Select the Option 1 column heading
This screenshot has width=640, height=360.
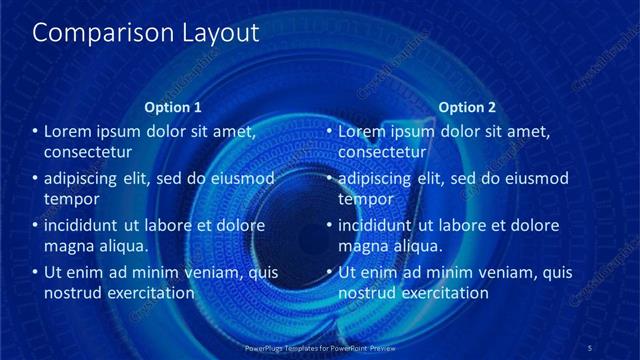click(173, 107)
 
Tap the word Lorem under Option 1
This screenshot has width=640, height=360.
click(68, 131)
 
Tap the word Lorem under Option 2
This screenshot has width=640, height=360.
click(362, 131)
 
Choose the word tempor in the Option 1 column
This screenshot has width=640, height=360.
click(69, 199)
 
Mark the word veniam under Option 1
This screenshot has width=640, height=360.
click(207, 272)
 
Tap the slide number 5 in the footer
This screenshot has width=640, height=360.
click(590, 348)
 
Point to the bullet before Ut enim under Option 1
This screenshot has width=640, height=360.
click(36, 272)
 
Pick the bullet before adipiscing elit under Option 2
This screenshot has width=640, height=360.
click(330, 179)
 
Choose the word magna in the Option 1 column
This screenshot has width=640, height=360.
click(68, 246)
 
